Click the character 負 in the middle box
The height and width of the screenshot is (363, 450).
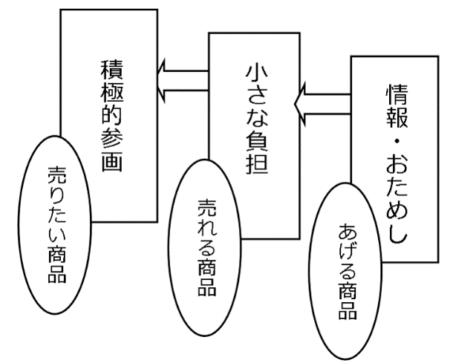[x=254, y=141]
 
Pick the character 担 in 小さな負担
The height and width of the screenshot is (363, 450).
[x=254, y=164]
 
